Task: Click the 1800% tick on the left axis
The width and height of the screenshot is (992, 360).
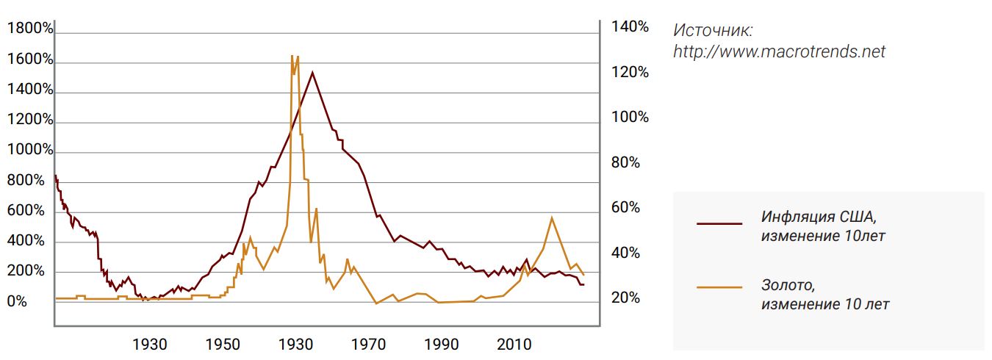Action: [30, 29]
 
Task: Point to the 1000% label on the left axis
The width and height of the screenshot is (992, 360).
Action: [30, 150]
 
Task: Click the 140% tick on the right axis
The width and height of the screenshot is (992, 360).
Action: [630, 27]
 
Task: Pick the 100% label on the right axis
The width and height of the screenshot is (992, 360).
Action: [630, 118]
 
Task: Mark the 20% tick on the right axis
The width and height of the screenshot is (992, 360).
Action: [626, 298]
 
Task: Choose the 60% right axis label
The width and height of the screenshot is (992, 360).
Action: [626, 208]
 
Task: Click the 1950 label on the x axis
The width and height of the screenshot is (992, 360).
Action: [223, 345]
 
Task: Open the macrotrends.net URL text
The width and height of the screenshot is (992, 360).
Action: [780, 52]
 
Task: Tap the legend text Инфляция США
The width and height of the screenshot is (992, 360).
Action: [819, 217]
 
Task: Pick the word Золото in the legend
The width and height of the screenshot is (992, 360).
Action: [788, 285]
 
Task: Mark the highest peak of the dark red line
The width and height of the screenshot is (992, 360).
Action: [312, 72]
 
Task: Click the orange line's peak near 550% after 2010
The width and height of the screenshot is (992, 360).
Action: [552, 217]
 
